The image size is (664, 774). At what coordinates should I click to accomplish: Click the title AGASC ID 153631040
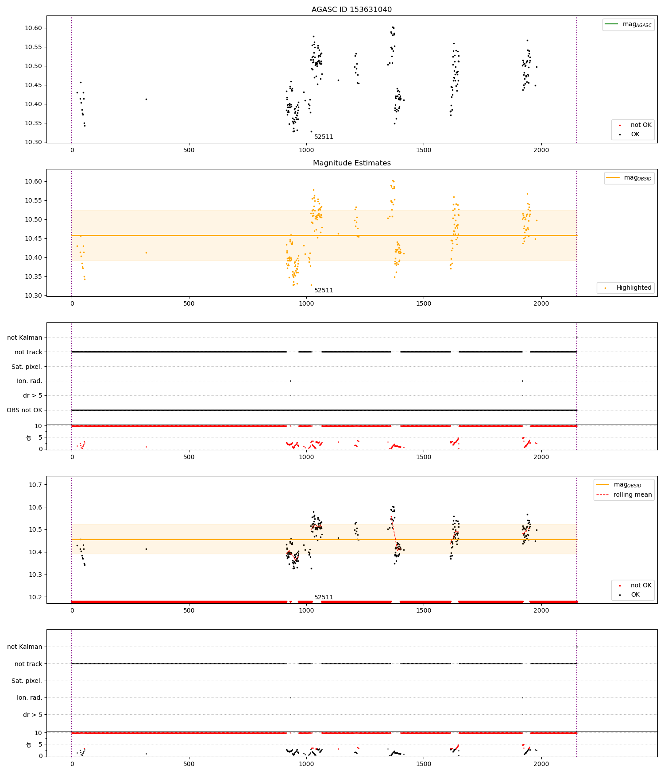point(351,10)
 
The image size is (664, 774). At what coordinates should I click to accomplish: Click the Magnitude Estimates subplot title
point(351,163)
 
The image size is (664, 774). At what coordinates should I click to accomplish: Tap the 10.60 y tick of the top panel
point(33,28)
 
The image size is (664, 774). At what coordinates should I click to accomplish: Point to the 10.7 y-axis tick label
point(35,485)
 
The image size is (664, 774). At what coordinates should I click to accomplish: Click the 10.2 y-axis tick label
point(35,598)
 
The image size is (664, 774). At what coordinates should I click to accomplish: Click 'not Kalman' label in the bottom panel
point(25,647)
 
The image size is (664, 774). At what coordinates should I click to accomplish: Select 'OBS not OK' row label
point(25,410)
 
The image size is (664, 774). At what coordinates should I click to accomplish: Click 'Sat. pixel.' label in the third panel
point(27,367)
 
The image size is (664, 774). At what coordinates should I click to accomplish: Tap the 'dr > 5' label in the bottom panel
point(32,715)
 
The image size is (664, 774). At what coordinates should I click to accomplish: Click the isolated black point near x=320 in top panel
point(146,100)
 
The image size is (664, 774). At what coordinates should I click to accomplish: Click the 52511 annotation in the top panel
point(324,137)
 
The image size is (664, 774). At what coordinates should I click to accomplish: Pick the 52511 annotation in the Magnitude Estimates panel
point(324,291)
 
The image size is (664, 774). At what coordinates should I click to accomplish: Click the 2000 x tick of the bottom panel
point(541,764)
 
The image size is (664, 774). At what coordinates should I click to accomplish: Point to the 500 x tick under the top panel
point(189,150)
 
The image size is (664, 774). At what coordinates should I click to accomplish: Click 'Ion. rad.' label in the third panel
point(29,381)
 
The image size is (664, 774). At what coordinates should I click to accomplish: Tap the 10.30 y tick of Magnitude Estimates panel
point(33,296)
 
